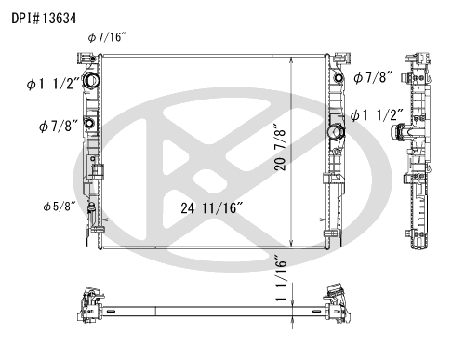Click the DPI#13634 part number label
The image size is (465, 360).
44,19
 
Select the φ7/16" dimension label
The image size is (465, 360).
107,37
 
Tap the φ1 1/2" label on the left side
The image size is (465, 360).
53,84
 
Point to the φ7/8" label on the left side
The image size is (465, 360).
58,126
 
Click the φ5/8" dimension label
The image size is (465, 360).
60,207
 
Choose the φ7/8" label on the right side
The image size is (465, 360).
373,77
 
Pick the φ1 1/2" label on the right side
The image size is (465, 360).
377,115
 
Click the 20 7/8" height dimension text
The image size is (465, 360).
280,147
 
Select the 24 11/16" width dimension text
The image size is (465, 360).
212,208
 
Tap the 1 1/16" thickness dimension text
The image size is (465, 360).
282,278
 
